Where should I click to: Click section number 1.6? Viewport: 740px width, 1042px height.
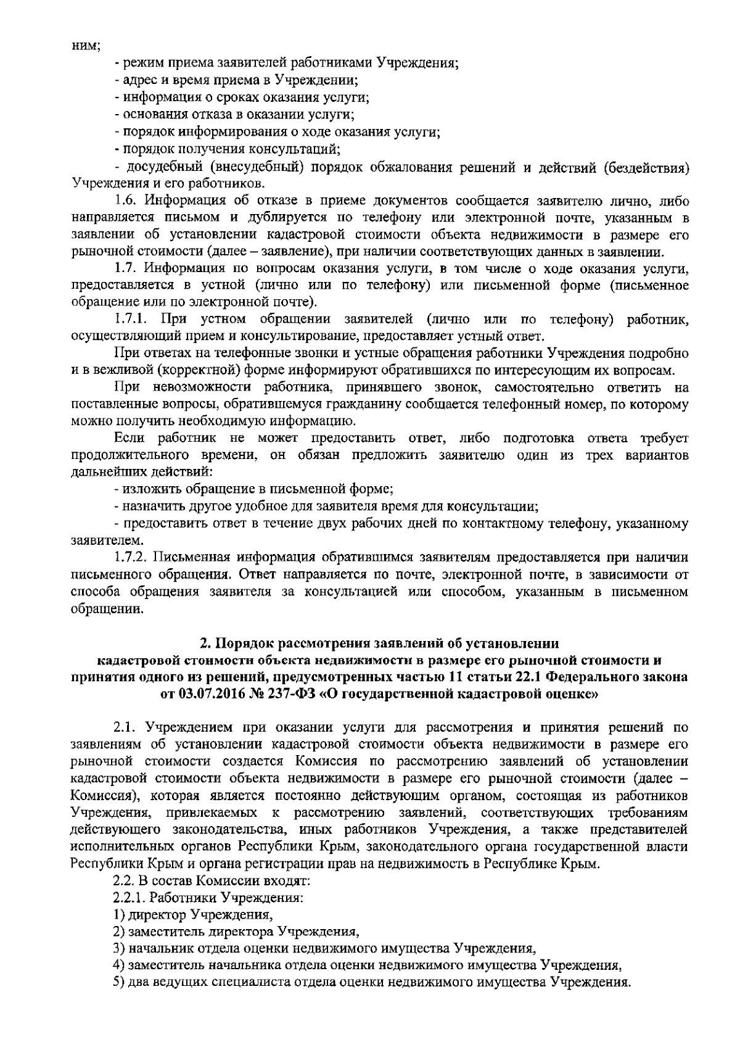coord(126,201)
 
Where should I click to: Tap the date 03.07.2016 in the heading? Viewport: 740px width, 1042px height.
coord(209,693)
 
